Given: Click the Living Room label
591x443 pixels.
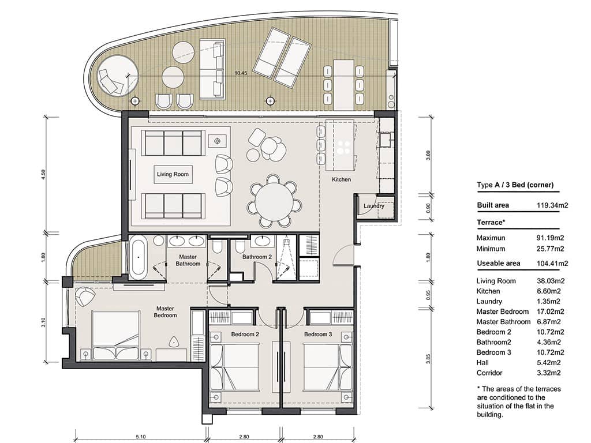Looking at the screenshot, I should pyautogui.click(x=173, y=174).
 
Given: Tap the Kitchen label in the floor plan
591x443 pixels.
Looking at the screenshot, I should pyautogui.click(x=341, y=180).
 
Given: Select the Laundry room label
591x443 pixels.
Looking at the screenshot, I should pyautogui.click(x=374, y=206).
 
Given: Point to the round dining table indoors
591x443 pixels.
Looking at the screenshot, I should pyautogui.click(x=274, y=201).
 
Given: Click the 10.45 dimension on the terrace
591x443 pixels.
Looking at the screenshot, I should pyautogui.click(x=242, y=73).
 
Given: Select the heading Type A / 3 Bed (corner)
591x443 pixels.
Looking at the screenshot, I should pyautogui.click(x=515, y=185).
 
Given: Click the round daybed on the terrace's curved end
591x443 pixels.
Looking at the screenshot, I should pyautogui.click(x=118, y=76).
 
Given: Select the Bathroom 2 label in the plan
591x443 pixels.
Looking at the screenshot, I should pyautogui.click(x=257, y=257).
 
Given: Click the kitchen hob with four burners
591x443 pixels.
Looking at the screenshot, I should pyautogui.click(x=345, y=147).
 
